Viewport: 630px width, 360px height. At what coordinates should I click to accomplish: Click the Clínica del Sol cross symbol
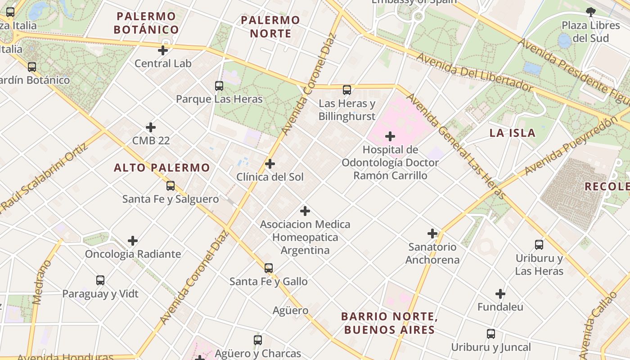(270, 164)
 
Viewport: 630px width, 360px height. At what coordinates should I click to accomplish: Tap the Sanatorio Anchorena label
(432, 253)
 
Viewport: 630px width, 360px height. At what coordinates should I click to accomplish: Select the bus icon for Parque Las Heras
(219, 85)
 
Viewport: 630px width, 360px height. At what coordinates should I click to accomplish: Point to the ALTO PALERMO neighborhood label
(162, 168)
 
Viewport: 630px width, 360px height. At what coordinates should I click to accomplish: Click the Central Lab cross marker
(163, 50)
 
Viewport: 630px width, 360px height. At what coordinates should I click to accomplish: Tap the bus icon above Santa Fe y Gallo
(269, 268)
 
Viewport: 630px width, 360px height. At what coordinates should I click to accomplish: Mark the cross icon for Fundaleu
(500, 294)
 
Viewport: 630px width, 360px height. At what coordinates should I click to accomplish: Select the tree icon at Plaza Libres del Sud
(591, 12)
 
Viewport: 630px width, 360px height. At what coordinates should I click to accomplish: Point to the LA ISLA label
(513, 133)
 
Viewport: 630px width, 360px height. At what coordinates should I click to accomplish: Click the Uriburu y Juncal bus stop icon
(491, 334)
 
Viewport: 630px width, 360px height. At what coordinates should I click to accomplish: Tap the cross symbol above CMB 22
(151, 128)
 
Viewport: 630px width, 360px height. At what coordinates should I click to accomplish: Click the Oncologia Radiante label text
(133, 254)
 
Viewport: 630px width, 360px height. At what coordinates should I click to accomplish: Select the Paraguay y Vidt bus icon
(100, 280)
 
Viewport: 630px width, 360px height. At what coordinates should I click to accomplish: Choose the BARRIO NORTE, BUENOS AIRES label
(389, 323)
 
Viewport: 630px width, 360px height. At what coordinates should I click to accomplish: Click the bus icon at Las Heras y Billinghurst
(347, 90)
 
